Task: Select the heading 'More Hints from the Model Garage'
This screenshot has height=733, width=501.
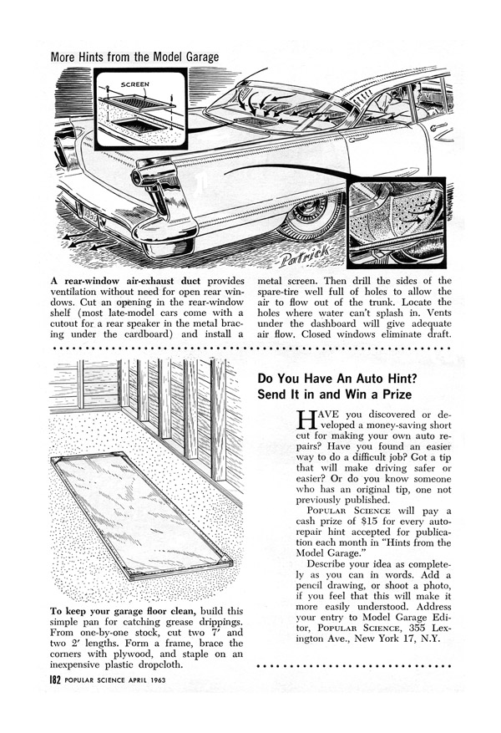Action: pos(135,58)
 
